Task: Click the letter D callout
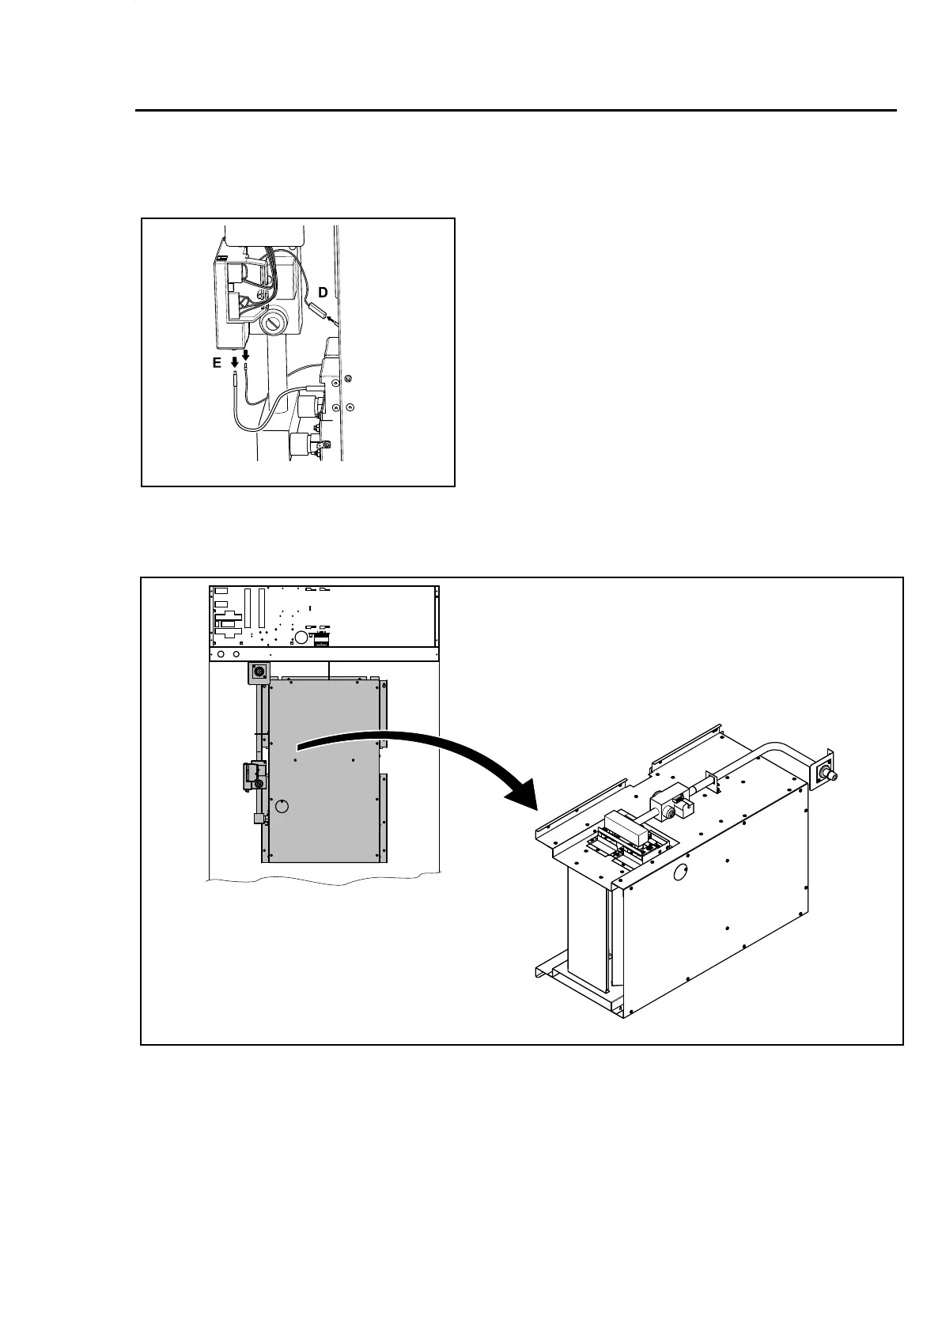coord(323,293)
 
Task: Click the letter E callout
coord(217,363)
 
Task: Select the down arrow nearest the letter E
coord(234,362)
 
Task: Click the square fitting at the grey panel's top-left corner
coord(259,673)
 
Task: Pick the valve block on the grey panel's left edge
coord(252,775)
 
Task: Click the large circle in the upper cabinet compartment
coord(301,636)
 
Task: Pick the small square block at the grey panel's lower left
coord(258,819)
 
